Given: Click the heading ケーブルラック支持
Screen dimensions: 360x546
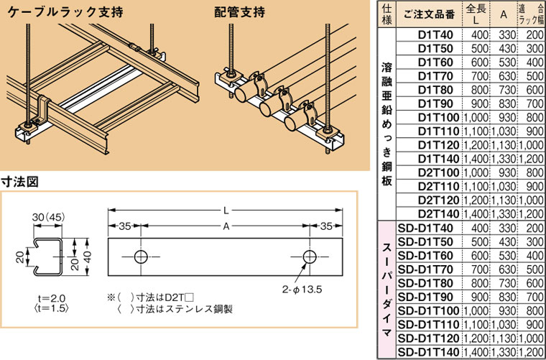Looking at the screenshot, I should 54,12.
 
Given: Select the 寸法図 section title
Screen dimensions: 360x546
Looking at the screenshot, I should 19,183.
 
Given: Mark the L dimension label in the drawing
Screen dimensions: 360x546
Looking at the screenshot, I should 225,211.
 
